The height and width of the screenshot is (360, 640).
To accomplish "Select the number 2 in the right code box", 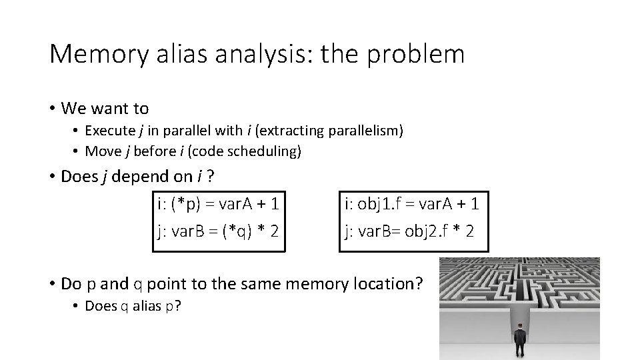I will (x=470, y=232).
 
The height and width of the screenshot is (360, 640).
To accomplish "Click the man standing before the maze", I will (x=519, y=341).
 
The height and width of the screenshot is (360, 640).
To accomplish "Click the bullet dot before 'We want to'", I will (x=52, y=108).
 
